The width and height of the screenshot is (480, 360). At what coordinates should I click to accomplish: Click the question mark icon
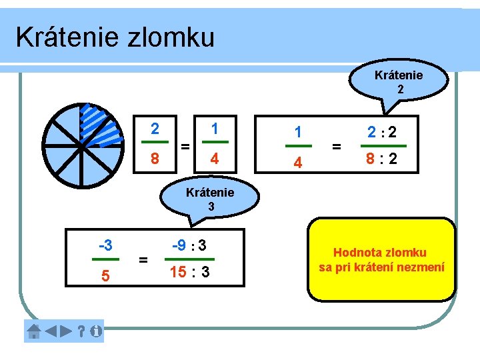coord(81,331)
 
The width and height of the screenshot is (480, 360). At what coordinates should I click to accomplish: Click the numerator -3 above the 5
coord(105,245)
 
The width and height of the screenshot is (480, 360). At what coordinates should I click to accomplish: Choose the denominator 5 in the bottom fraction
coord(105,274)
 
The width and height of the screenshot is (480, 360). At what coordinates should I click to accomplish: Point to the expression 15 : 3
coord(189,273)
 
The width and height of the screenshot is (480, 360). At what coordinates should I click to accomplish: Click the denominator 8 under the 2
coord(155,159)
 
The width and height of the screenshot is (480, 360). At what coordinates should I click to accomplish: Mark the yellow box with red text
coord(382,259)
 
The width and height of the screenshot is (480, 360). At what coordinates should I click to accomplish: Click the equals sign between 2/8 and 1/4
coord(185,145)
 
